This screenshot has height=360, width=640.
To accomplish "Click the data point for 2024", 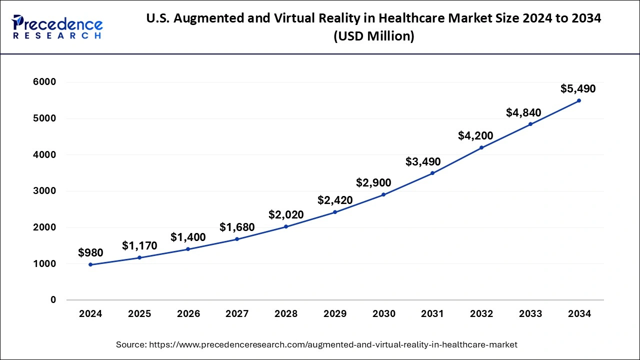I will [90, 264].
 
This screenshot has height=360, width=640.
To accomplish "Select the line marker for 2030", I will [383, 194].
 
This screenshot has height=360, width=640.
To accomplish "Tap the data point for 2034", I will [579, 100].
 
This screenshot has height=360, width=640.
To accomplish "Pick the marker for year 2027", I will [237, 239].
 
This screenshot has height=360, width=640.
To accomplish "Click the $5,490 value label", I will [578, 89].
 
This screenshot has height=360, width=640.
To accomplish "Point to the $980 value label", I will [90, 253].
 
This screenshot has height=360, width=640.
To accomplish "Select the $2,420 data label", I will [335, 200].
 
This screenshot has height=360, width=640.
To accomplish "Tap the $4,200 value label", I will [475, 135].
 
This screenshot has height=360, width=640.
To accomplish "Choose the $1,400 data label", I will [188, 237].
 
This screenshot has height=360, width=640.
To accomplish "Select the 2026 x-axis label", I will [188, 314].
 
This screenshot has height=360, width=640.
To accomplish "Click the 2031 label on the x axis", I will [432, 314].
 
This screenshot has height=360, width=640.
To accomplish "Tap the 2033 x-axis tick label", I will [530, 314].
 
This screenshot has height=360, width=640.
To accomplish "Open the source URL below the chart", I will [316, 344].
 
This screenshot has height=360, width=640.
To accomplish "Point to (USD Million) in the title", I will [373, 36].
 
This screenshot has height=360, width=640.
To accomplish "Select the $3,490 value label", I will [423, 161].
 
